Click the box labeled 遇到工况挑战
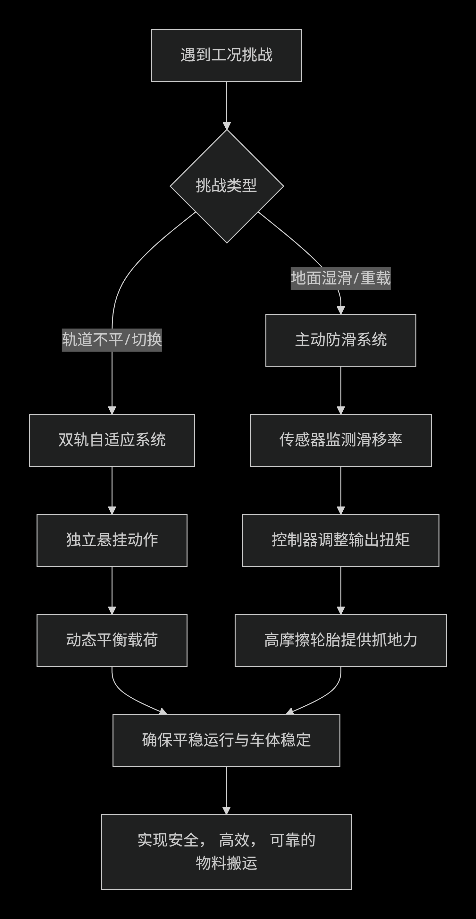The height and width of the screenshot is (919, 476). point(226,55)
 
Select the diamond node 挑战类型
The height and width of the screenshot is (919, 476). point(226,186)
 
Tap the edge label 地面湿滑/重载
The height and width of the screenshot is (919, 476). point(340,278)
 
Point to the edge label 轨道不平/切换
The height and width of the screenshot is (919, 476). point(112,340)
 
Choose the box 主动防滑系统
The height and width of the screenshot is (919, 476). point(340,340)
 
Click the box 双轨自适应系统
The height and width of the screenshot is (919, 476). point(112,440)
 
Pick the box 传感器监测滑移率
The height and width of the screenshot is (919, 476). point(340,440)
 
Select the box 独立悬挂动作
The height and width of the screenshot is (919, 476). point(112,540)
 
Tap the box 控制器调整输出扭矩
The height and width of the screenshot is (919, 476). point(340,540)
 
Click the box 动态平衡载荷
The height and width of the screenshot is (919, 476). point(112,640)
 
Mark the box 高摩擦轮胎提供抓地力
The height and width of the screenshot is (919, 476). point(340,640)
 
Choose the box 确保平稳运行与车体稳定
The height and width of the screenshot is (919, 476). point(226,740)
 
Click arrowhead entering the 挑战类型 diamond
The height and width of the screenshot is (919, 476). point(227,126)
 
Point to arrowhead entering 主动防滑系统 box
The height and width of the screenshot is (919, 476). point(341,310)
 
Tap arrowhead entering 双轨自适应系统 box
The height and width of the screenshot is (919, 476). point(112,410)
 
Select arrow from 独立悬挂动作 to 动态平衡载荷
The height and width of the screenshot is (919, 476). point(112,591)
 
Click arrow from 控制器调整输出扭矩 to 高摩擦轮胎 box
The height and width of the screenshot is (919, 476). point(341,591)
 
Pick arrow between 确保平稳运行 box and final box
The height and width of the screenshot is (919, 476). point(226,790)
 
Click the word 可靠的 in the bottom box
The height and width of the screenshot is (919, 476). point(292,840)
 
